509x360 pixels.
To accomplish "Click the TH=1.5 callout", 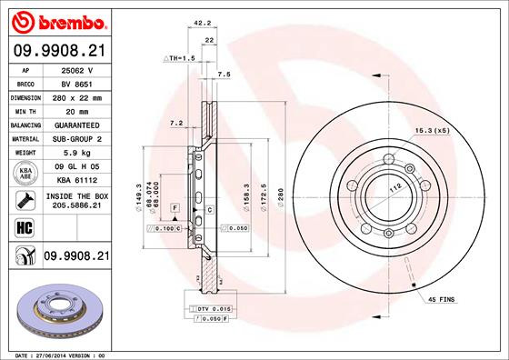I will click(x=180, y=58).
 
